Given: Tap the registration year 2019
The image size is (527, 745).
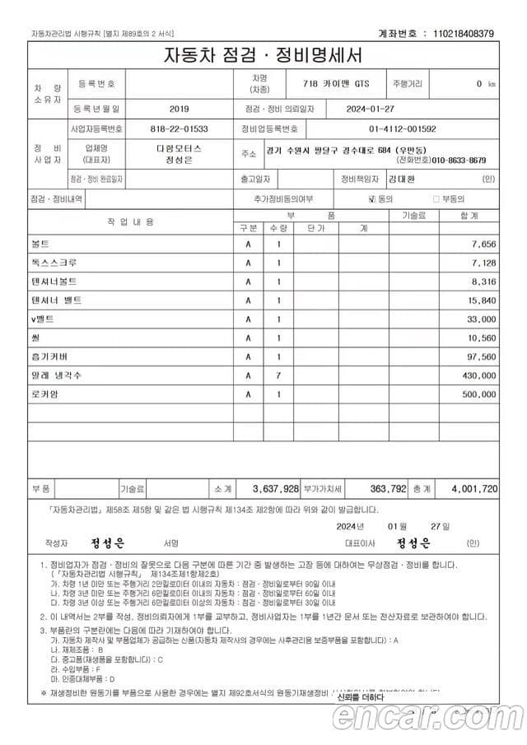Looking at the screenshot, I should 179,109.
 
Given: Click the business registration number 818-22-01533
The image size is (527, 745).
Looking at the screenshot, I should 179,129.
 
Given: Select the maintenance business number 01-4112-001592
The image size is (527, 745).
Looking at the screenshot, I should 402,129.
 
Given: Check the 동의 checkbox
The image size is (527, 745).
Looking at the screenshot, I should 372,199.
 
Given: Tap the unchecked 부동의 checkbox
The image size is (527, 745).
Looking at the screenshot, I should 436,199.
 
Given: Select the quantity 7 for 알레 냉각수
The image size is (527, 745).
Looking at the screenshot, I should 278,375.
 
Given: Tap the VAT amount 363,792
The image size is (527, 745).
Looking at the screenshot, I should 388,488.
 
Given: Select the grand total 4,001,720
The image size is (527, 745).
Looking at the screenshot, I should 474,488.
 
